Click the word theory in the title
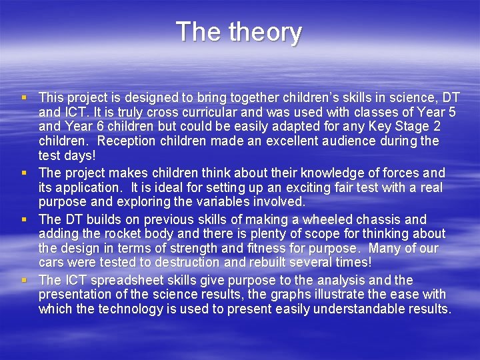pyautogui.click(x=266, y=32)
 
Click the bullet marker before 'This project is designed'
pyautogui.click(x=25, y=97)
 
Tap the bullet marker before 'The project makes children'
pyautogui.click(x=25, y=173)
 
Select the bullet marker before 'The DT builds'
pyautogui.click(x=25, y=219)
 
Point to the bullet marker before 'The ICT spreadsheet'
pyautogui.click(x=25, y=280)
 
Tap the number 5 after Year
pyautogui.click(x=452, y=112)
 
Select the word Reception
pyautogui.click(x=127, y=141)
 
